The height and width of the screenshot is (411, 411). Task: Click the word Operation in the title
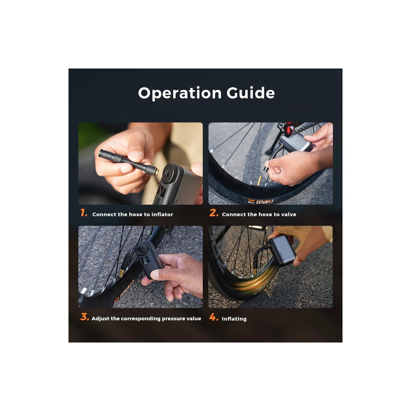tap(180, 93)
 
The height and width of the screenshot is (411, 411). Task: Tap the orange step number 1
tap(84, 213)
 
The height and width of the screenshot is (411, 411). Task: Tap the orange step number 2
tap(214, 213)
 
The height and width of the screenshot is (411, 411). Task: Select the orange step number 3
tap(85, 317)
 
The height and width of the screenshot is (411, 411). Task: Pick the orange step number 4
tap(214, 317)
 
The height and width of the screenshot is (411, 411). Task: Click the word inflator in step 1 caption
tap(162, 214)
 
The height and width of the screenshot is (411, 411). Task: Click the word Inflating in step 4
tap(234, 319)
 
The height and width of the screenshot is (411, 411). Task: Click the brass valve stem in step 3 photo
tap(121, 273)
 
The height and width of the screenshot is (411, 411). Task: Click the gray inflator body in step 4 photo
tap(281, 252)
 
